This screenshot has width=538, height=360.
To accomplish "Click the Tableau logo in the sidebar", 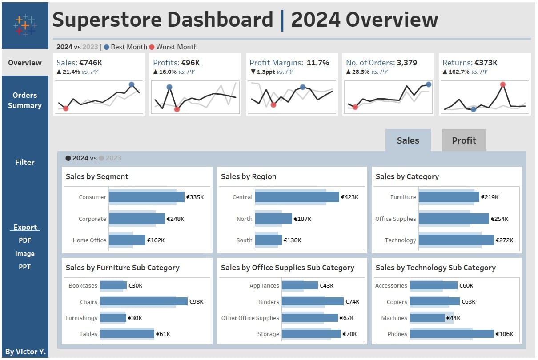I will (25, 25).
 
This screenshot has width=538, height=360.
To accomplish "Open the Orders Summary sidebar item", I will (25, 100).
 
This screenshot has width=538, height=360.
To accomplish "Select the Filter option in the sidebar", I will (25, 162).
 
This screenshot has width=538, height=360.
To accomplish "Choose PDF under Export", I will (25, 240).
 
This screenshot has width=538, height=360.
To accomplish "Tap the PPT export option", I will (25, 267).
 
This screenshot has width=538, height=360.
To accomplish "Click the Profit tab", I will (464, 140).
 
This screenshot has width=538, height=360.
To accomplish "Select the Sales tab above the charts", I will (408, 140).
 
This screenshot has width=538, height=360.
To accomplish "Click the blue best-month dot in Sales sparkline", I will (132, 84).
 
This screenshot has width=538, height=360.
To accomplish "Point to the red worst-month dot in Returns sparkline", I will (502, 84).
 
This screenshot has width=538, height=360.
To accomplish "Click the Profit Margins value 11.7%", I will (318, 63).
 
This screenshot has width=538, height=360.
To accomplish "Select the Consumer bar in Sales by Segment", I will (146, 197).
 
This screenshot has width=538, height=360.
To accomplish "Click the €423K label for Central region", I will (349, 197).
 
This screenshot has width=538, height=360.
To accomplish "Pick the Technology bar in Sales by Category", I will (456, 240).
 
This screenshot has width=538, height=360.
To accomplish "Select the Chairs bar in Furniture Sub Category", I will (143, 301).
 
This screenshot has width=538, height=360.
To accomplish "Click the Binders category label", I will (269, 302).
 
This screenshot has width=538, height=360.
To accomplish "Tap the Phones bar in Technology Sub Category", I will (451, 334).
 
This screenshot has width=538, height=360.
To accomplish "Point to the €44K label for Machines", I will (453, 318).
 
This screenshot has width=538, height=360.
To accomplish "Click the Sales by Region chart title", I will (249, 176).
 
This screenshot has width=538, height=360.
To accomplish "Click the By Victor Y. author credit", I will (25, 352).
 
